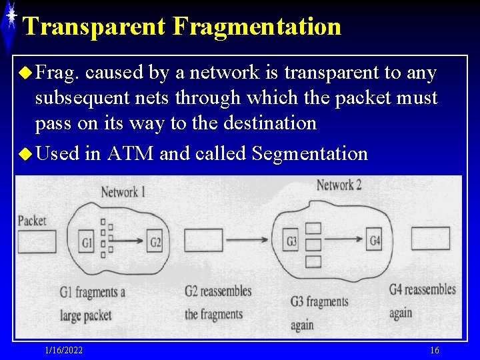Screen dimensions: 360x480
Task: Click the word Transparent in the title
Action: (x=93, y=27)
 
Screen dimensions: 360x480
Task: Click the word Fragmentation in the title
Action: (x=257, y=27)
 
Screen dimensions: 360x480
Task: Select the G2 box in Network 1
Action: (x=155, y=241)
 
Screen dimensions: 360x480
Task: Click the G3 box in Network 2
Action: (x=291, y=240)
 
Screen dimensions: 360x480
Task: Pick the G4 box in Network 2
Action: (x=375, y=239)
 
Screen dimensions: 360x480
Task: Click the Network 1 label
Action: (x=123, y=193)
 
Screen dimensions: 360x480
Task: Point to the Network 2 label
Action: (x=339, y=185)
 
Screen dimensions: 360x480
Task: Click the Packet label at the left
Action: (x=32, y=220)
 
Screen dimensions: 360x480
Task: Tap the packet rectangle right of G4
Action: (x=430, y=238)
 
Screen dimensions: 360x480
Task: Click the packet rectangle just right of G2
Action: (x=203, y=240)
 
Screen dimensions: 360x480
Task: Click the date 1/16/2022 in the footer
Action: (x=64, y=351)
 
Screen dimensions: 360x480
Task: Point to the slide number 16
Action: (x=435, y=351)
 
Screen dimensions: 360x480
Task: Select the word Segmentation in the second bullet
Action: (x=310, y=154)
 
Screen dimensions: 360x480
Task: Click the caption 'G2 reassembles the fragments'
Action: (x=217, y=302)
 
